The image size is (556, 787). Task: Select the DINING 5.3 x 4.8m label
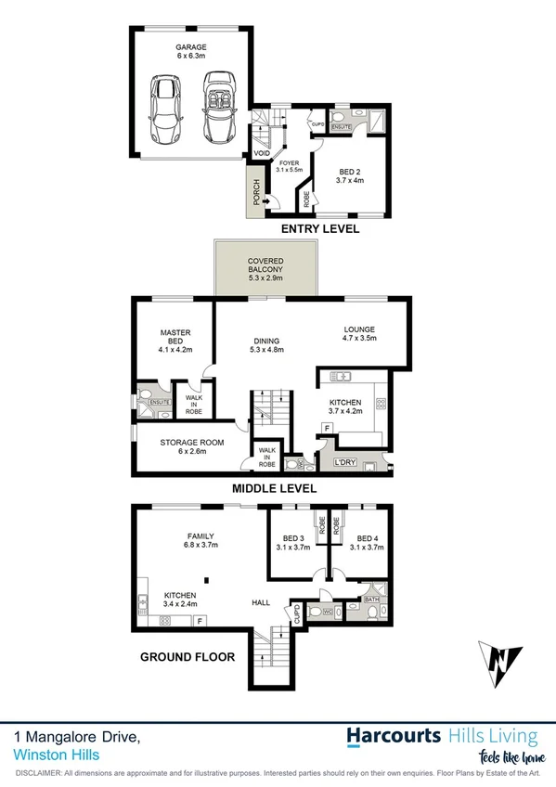[265, 344]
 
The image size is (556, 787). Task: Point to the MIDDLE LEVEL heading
[275, 488]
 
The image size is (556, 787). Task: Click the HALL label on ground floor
[261, 602]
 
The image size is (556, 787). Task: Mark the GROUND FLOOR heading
[187, 656]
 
